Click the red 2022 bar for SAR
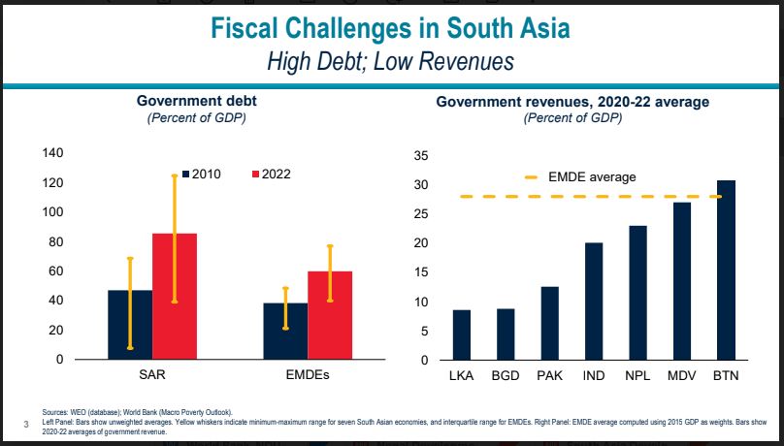175,296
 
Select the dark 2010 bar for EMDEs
285,331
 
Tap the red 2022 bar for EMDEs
329,315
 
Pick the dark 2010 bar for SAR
130,324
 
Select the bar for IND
594,301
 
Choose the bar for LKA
461,334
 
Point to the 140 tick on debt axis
52,153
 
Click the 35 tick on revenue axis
421,155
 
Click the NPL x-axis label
637,374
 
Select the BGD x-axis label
506,374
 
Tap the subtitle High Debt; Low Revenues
392,61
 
